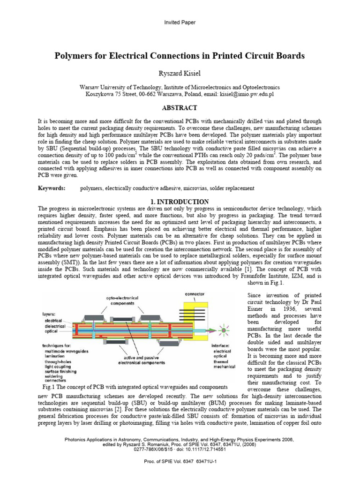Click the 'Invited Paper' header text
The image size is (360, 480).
(x=180, y=22)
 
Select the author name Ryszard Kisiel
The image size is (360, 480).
(x=180, y=73)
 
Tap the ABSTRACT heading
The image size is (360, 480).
(x=180, y=107)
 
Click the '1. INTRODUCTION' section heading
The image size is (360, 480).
(x=180, y=202)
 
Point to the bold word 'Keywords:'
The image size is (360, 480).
(x=52, y=188)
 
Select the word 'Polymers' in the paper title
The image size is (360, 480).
(x=74, y=56)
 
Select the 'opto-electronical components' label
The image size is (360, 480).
(x=120, y=300)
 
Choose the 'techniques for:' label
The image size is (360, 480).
(x=54, y=345)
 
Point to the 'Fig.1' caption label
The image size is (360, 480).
(x=48, y=387)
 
